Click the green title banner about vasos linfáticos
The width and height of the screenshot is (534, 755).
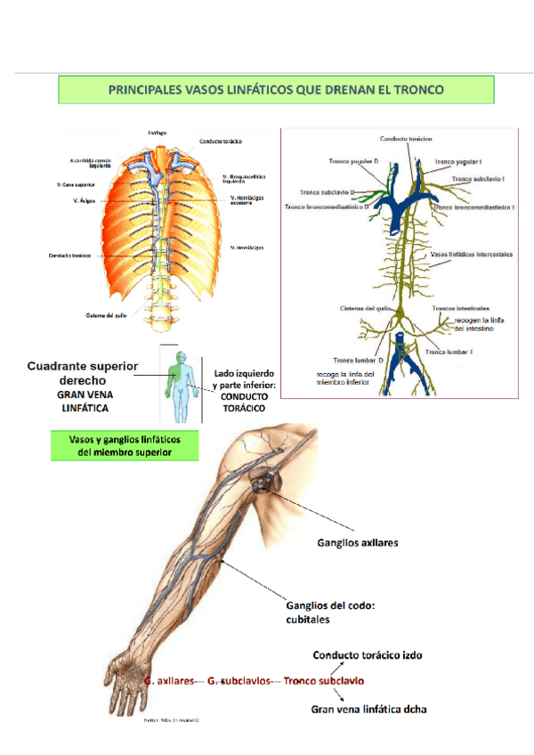pos(276,90)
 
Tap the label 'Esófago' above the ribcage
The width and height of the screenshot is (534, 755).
pos(169,132)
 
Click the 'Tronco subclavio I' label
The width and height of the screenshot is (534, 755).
pos(477,178)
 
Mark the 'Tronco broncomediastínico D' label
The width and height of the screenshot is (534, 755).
pos(327,207)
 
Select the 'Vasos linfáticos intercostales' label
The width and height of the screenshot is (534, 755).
pos(471,254)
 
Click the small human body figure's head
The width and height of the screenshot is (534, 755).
pos(177,356)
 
